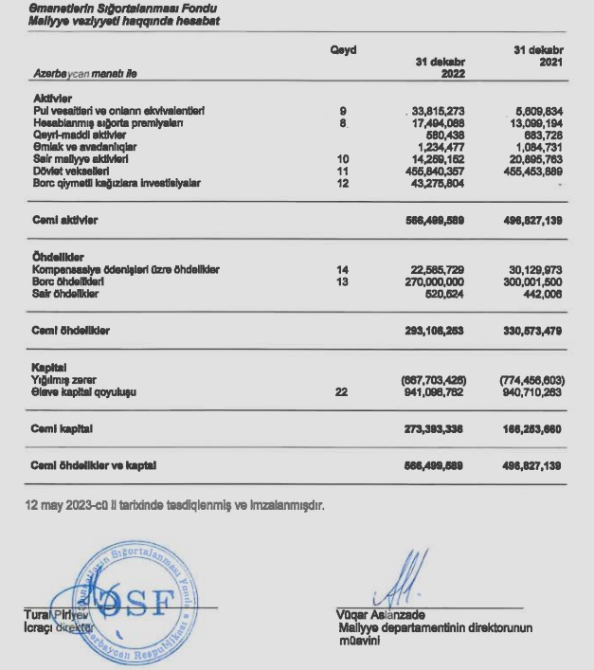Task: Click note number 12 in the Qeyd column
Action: click(x=344, y=181)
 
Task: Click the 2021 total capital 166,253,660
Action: click(x=534, y=428)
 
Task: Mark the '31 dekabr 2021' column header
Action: click(x=537, y=56)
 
